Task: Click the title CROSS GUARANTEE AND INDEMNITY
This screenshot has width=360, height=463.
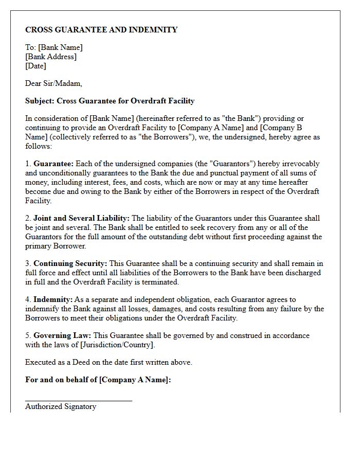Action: pos(101,30)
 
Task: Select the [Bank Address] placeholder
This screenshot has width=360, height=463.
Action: pos(51,57)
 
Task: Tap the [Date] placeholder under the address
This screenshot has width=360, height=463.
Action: pos(35,66)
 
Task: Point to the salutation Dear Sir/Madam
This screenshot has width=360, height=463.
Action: pos(53,83)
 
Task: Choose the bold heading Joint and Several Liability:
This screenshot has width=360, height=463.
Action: pos(81,218)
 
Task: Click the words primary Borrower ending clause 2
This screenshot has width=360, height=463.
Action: pos(50,246)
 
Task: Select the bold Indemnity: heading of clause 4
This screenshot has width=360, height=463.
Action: pos(53,299)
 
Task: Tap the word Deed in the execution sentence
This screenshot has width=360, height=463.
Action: pos(81,362)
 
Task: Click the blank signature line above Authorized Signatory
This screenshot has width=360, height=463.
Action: pos(78,400)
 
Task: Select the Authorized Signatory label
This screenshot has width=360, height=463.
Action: pos(61,406)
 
